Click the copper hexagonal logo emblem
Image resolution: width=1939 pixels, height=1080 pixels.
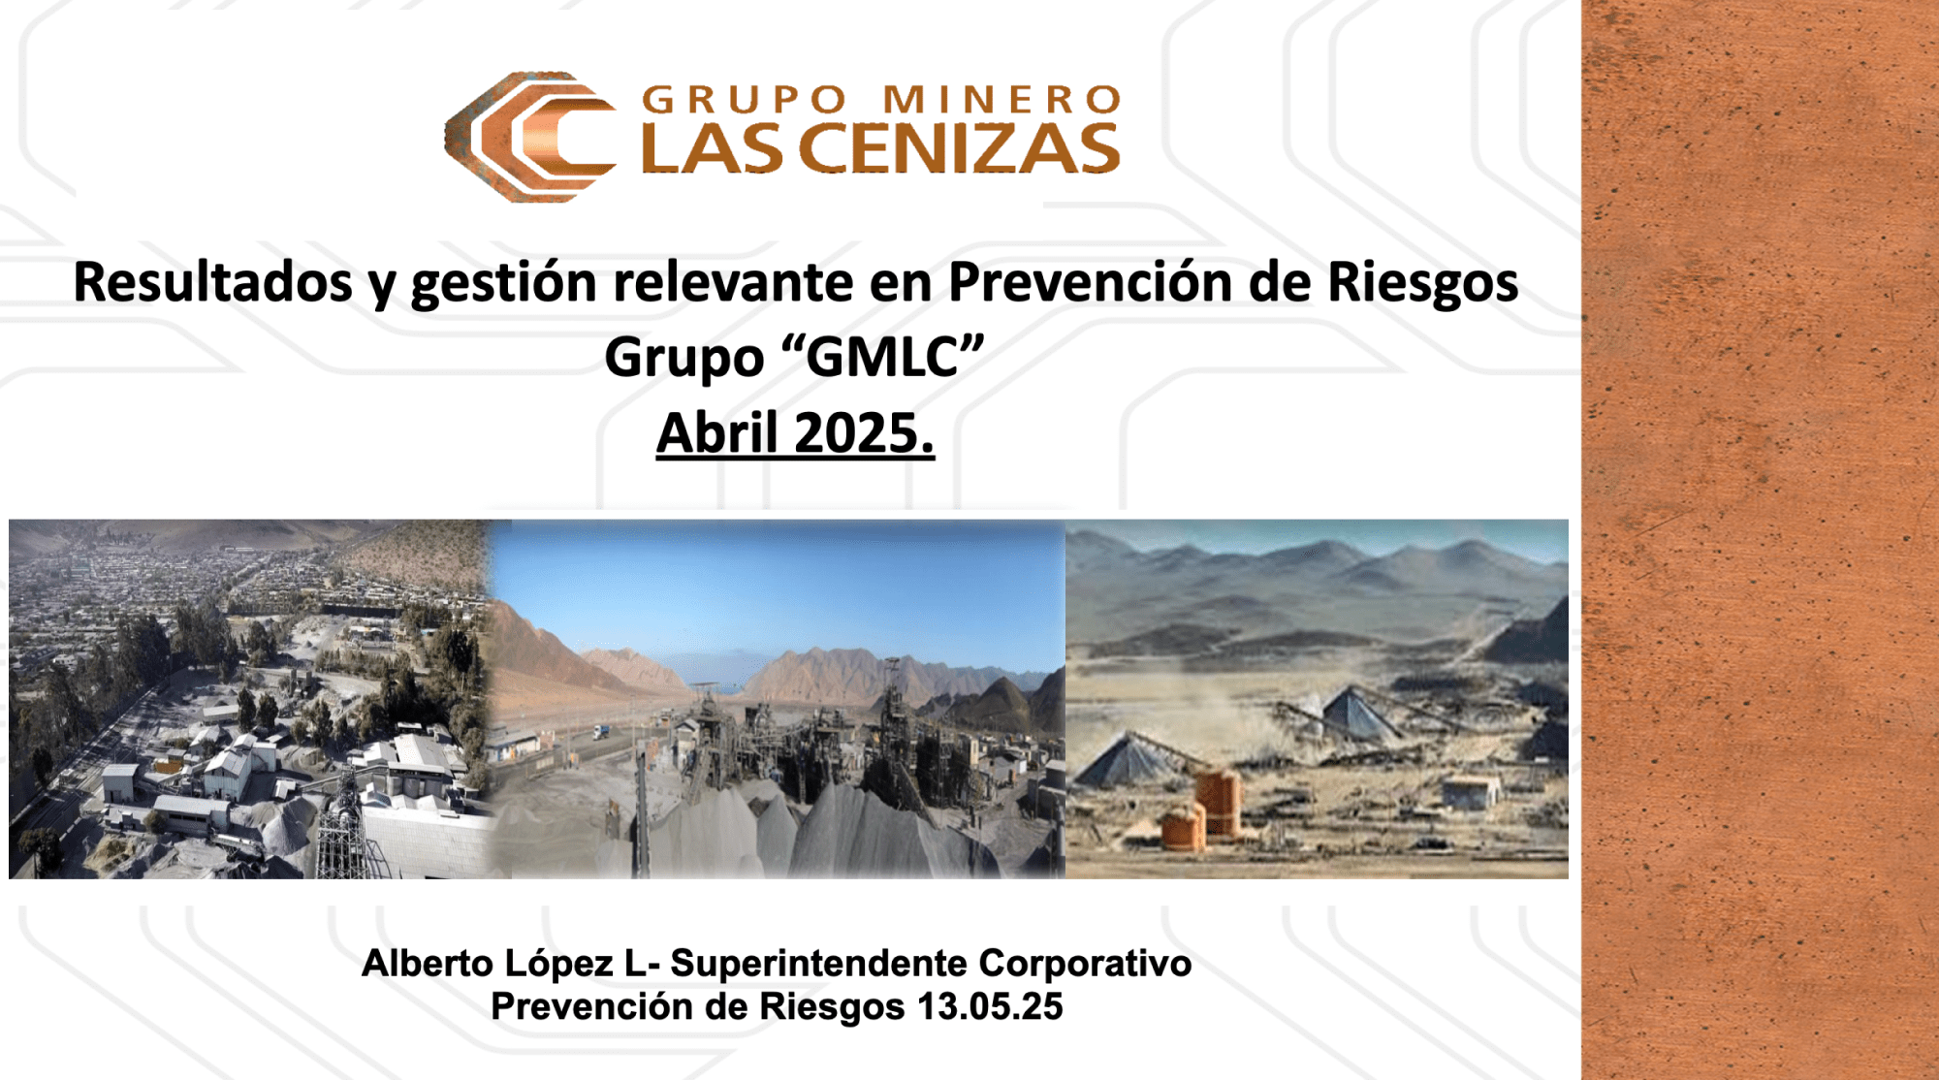coord(529,137)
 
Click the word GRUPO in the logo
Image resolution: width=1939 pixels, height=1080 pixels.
coord(745,100)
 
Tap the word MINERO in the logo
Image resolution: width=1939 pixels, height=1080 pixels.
coord(1002,100)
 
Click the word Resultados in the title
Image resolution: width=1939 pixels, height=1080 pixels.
coord(213,282)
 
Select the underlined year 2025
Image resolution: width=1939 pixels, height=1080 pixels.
coord(865,432)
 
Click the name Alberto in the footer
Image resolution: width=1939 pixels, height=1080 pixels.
coord(428,964)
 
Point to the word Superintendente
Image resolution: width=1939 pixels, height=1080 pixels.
coord(819,964)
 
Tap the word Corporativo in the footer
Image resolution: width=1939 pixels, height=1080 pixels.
coord(1086,964)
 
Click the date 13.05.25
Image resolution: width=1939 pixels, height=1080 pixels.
coord(990,1006)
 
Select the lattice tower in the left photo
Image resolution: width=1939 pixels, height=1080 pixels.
coord(341,824)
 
